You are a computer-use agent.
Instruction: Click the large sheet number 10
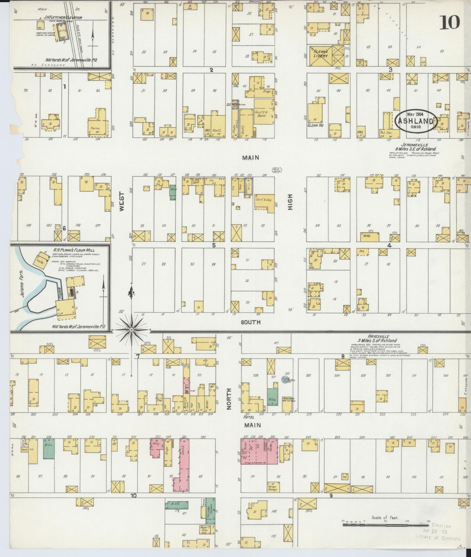click(450, 22)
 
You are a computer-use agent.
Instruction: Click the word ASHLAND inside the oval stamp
click(416, 122)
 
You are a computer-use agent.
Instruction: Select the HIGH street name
click(290, 202)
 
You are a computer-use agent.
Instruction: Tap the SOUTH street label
click(250, 322)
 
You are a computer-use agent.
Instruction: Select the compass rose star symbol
click(131, 330)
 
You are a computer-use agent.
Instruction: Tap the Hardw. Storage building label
click(273, 487)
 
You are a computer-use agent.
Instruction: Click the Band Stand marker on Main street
click(277, 170)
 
